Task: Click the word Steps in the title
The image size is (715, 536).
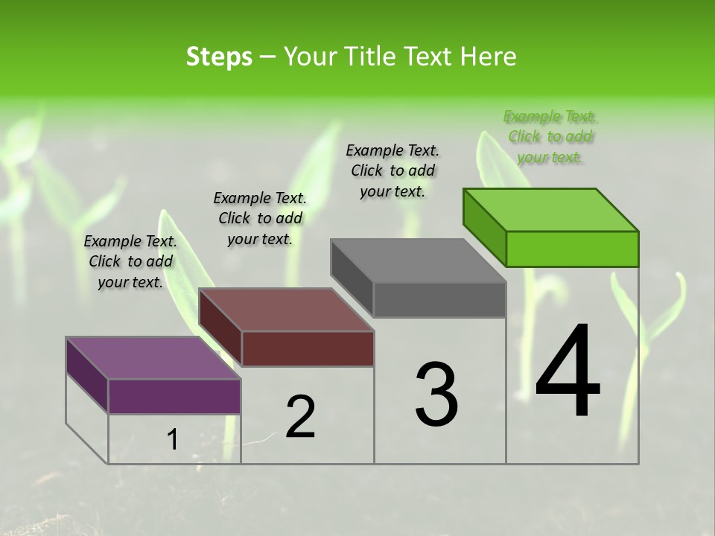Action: coord(219,57)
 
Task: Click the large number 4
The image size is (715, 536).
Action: coord(568,371)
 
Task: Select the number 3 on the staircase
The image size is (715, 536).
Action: coord(436,395)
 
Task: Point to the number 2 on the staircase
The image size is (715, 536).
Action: coord(301,417)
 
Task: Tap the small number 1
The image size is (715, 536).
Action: coord(172,440)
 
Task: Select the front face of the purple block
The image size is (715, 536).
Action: coord(174,396)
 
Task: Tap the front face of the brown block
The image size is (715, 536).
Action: coord(308,348)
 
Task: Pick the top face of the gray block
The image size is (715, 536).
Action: coord(418,261)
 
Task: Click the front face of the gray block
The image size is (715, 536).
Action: coord(439,299)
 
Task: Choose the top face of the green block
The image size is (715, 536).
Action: coord(550,209)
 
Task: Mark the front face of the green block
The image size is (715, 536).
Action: coord(572,249)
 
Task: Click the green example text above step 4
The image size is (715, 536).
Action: coord(550,137)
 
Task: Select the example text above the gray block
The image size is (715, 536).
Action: coord(393,170)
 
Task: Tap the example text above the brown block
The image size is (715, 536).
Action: coord(260,218)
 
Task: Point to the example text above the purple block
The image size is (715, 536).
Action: coord(130,261)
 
